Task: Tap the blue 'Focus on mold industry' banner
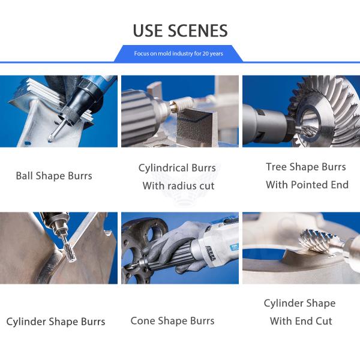click(x=179, y=53)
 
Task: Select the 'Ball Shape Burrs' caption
click(x=54, y=176)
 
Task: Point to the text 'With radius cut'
click(x=178, y=185)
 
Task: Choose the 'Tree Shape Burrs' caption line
click(x=306, y=167)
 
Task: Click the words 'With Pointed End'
click(x=307, y=185)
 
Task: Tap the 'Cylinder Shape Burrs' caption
click(x=56, y=322)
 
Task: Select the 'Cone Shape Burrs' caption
click(x=172, y=321)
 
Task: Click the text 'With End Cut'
click(x=301, y=321)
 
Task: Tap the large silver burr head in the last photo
click(x=316, y=239)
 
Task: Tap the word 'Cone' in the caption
click(x=143, y=321)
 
